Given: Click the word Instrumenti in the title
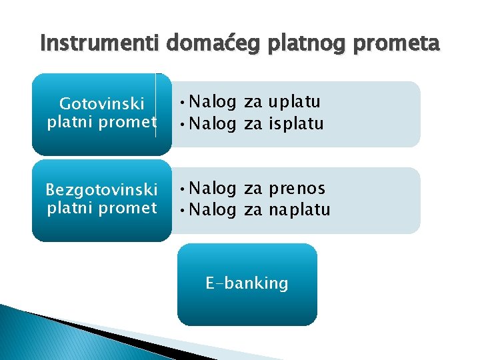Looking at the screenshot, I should [100, 44].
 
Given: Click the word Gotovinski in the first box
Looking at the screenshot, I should [101, 104].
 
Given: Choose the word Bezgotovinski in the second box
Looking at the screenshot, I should [101, 190].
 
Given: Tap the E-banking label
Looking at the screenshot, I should [247, 283].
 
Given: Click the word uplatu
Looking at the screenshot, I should [294, 102].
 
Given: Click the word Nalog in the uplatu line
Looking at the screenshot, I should [213, 102].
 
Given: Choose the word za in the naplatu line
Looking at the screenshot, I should [253, 210].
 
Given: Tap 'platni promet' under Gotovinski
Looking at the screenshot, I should [101, 122].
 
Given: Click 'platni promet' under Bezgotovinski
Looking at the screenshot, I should [101, 207].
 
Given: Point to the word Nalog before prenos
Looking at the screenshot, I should [213, 189].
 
